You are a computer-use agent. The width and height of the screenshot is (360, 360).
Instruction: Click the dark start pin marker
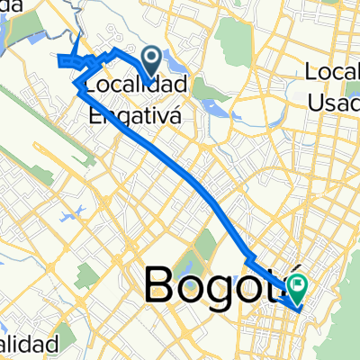[x=151, y=61]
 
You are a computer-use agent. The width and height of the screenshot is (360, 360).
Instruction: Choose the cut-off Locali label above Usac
[x=333, y=71]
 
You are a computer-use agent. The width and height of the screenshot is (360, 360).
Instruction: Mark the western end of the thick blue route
[x=59, y=61]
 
